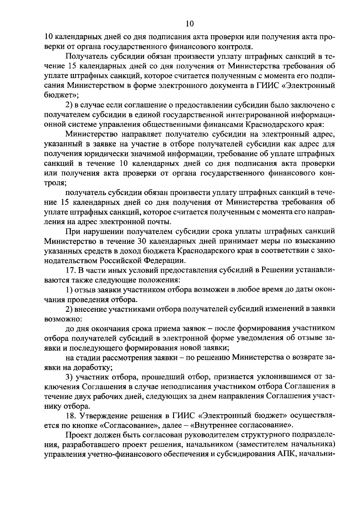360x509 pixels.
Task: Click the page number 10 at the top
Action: pyautogui.click(x=190, y=23)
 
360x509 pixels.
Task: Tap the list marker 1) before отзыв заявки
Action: pyautogui.click(x=69, y=290)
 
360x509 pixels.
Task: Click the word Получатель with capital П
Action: pyautogui.click(x=85, y=56)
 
